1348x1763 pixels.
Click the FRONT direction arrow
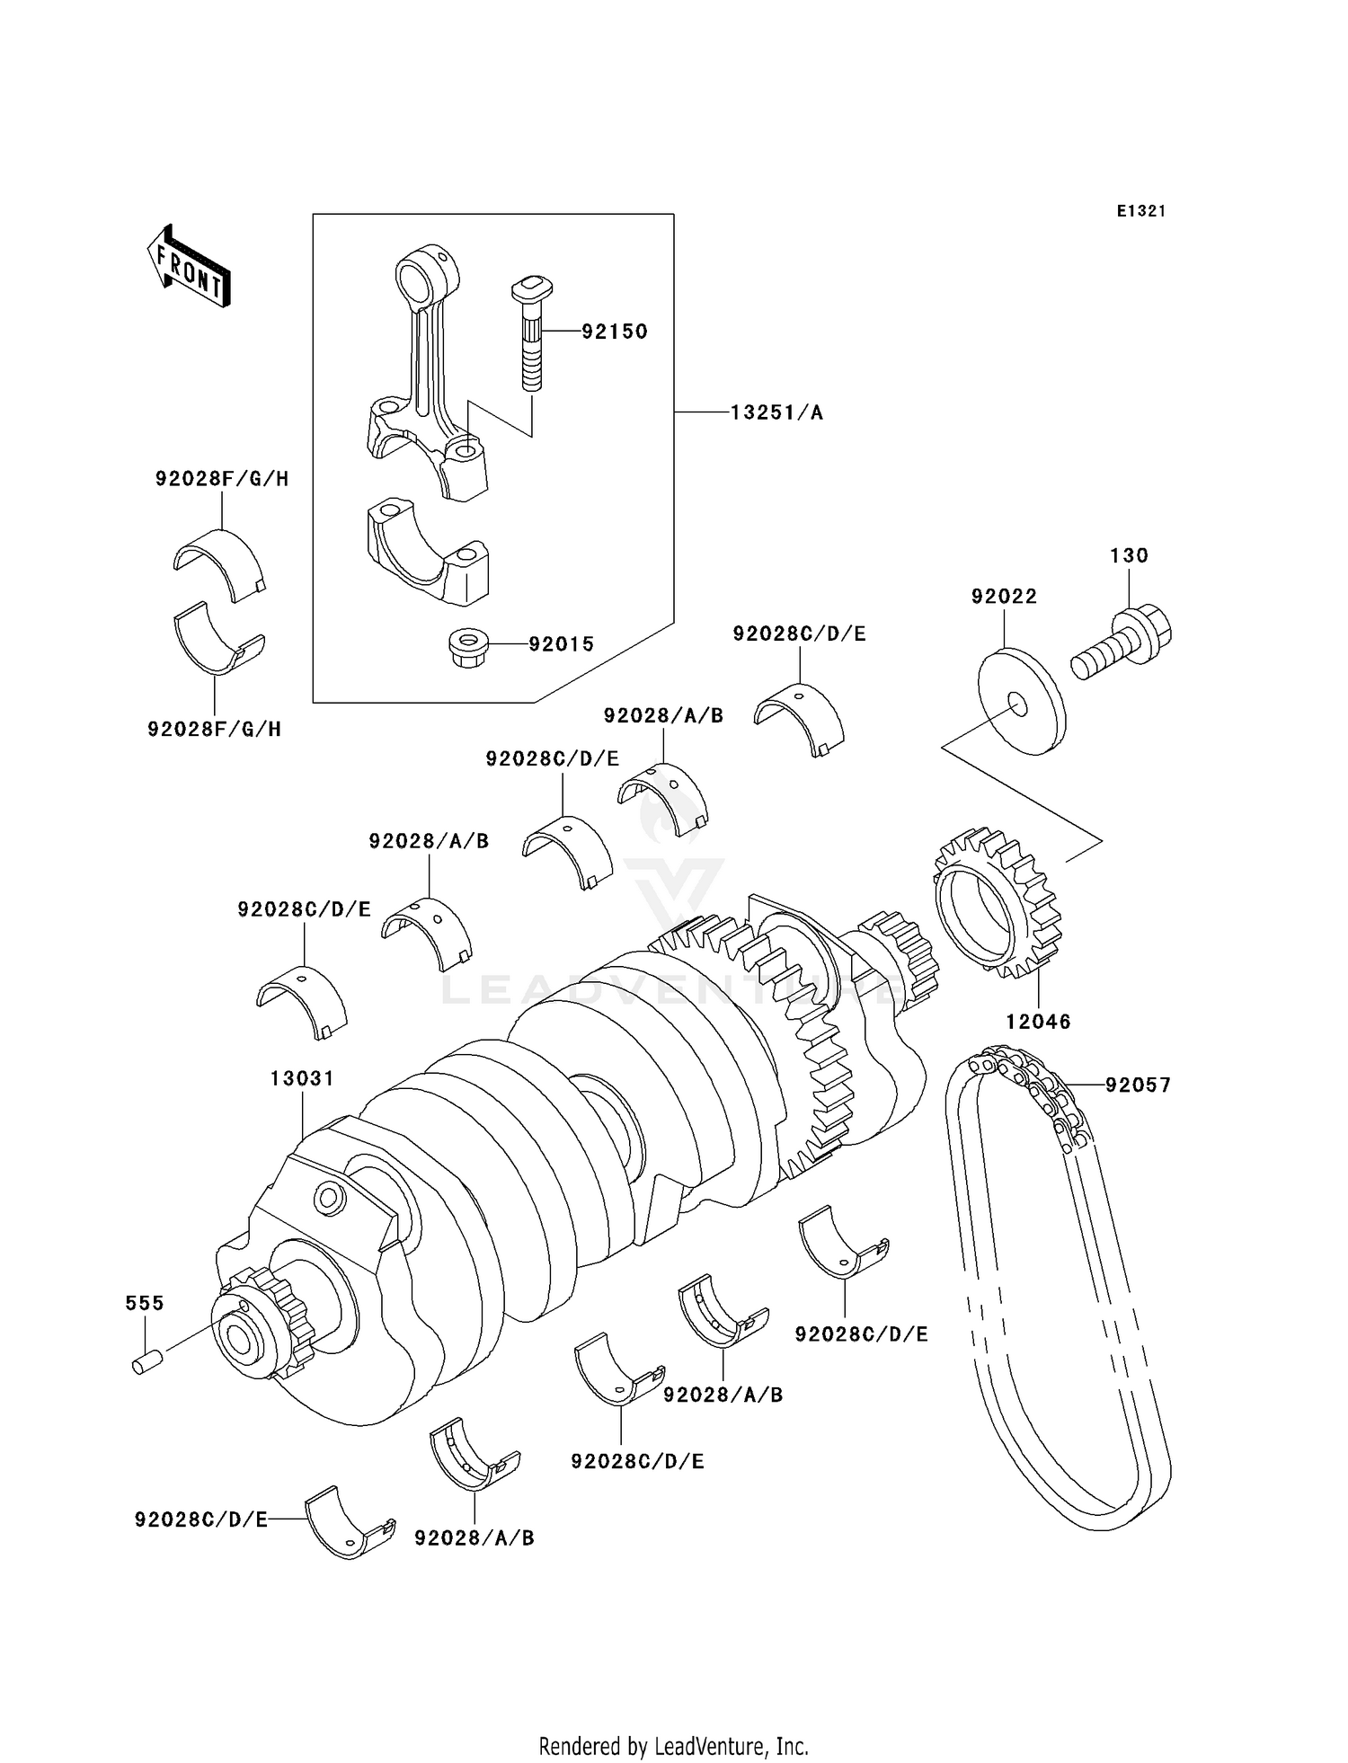coord(189,267)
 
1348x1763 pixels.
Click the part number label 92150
coord(614,332)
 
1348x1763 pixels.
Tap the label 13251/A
coord(776,412)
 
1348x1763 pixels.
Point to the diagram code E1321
coord(1141,211)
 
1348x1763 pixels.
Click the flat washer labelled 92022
coord(1021,702)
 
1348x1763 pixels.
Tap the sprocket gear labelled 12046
coord(998,903)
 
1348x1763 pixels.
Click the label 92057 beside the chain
coord(1138,1085)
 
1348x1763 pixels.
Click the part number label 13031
coord(302,1078)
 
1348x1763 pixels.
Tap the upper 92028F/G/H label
coord(222,479)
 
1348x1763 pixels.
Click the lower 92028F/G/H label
coord(215,730)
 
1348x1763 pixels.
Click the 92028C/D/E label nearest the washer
coord(799,633)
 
